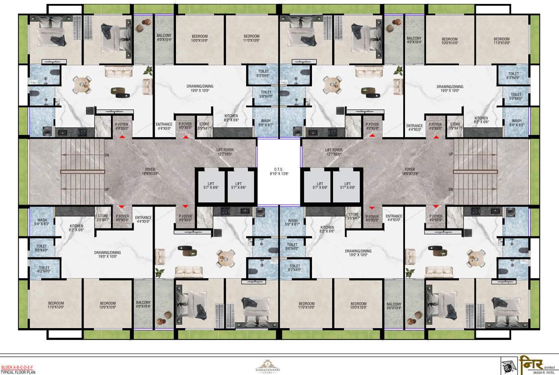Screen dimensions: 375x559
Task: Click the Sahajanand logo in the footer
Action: point(268,366)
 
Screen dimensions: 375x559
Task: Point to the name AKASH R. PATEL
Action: point(545,373)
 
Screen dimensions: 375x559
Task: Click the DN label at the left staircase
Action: point(107,155)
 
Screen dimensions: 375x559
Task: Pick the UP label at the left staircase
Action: point(107,189)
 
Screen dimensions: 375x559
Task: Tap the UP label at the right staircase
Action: point(451,155)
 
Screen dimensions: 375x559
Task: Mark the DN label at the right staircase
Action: point(451,189)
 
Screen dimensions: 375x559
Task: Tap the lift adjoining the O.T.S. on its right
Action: point(317,186)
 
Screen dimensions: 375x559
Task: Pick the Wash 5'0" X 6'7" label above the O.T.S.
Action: point(266,123)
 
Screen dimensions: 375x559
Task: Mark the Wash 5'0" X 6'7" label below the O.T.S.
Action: point(292,223)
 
